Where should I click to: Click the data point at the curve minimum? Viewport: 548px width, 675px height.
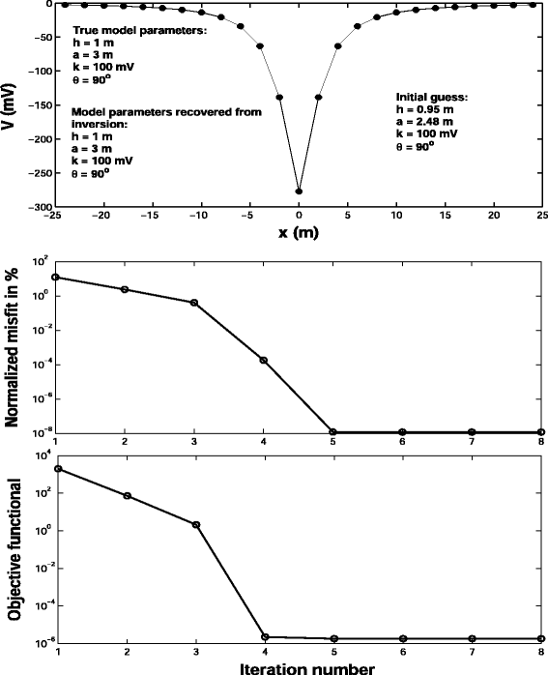299,191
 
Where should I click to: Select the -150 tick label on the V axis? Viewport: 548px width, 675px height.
39,105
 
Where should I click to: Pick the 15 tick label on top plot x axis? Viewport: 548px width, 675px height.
445,219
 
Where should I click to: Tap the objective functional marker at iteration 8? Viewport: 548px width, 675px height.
541,639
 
